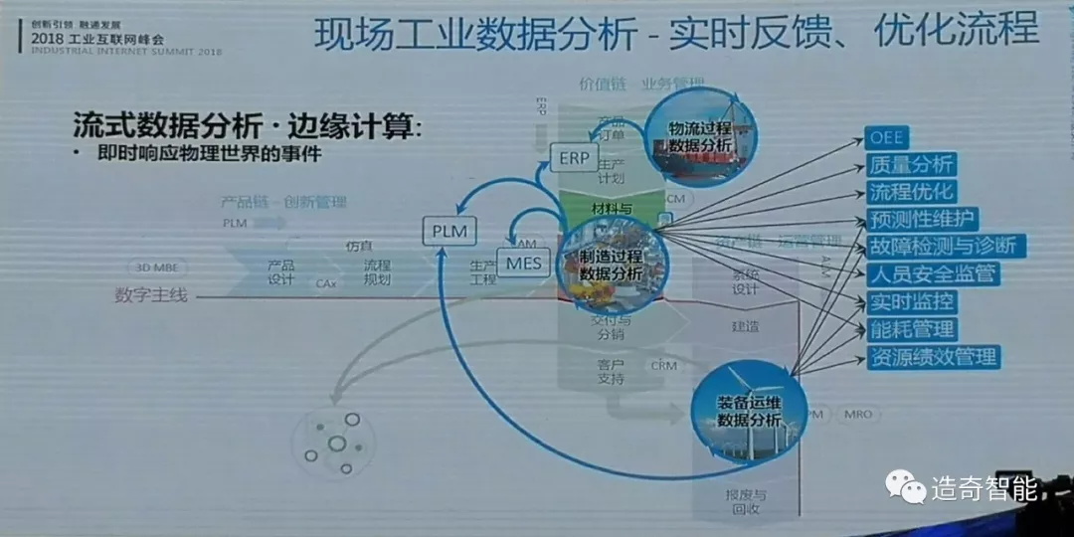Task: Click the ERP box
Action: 574,158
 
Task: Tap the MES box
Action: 524,264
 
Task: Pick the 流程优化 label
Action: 912,191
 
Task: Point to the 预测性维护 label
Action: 924,219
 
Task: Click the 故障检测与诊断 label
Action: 945,246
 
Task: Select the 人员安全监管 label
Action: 933,273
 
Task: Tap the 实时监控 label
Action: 912,301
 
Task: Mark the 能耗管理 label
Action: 912,328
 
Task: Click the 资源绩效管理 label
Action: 933,356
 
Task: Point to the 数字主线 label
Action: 150,294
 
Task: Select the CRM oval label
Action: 663,366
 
